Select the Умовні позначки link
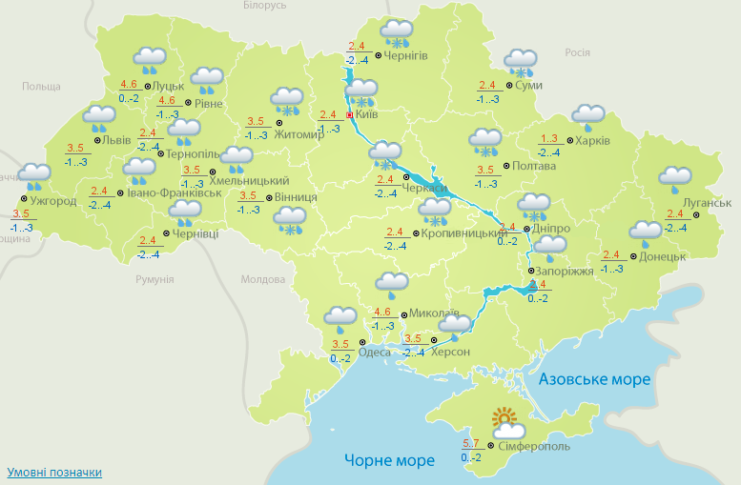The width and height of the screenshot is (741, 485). point(54,472)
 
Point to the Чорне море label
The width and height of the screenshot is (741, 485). point(389,460)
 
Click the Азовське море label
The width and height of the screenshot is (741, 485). point(594,379)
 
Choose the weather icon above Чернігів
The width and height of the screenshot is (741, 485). point(396,34)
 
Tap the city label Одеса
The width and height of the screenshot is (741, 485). point(380,352)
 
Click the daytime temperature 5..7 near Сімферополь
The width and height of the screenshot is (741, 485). point(470,444)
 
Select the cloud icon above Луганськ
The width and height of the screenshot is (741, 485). point(675,177)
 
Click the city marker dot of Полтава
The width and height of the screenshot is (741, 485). point(504,166)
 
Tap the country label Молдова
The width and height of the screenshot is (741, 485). point(263,280)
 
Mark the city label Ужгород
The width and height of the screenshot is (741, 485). point(53,201)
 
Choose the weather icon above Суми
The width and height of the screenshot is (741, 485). point(521,64)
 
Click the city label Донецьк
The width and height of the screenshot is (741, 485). point(663,256)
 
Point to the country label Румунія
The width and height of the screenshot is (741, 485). point(154,280)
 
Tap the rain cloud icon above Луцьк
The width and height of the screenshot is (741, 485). point(150,61)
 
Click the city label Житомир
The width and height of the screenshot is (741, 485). point(299,133)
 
